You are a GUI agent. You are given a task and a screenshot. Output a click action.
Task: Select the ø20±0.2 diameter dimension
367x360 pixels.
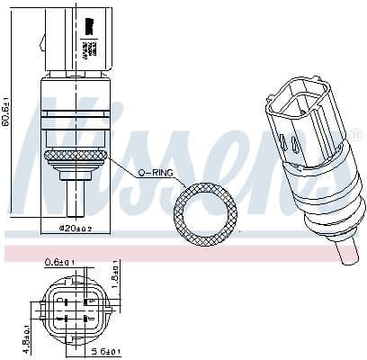coord(76,228)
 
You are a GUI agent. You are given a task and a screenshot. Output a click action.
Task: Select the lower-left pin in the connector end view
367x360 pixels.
coord(63,318)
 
